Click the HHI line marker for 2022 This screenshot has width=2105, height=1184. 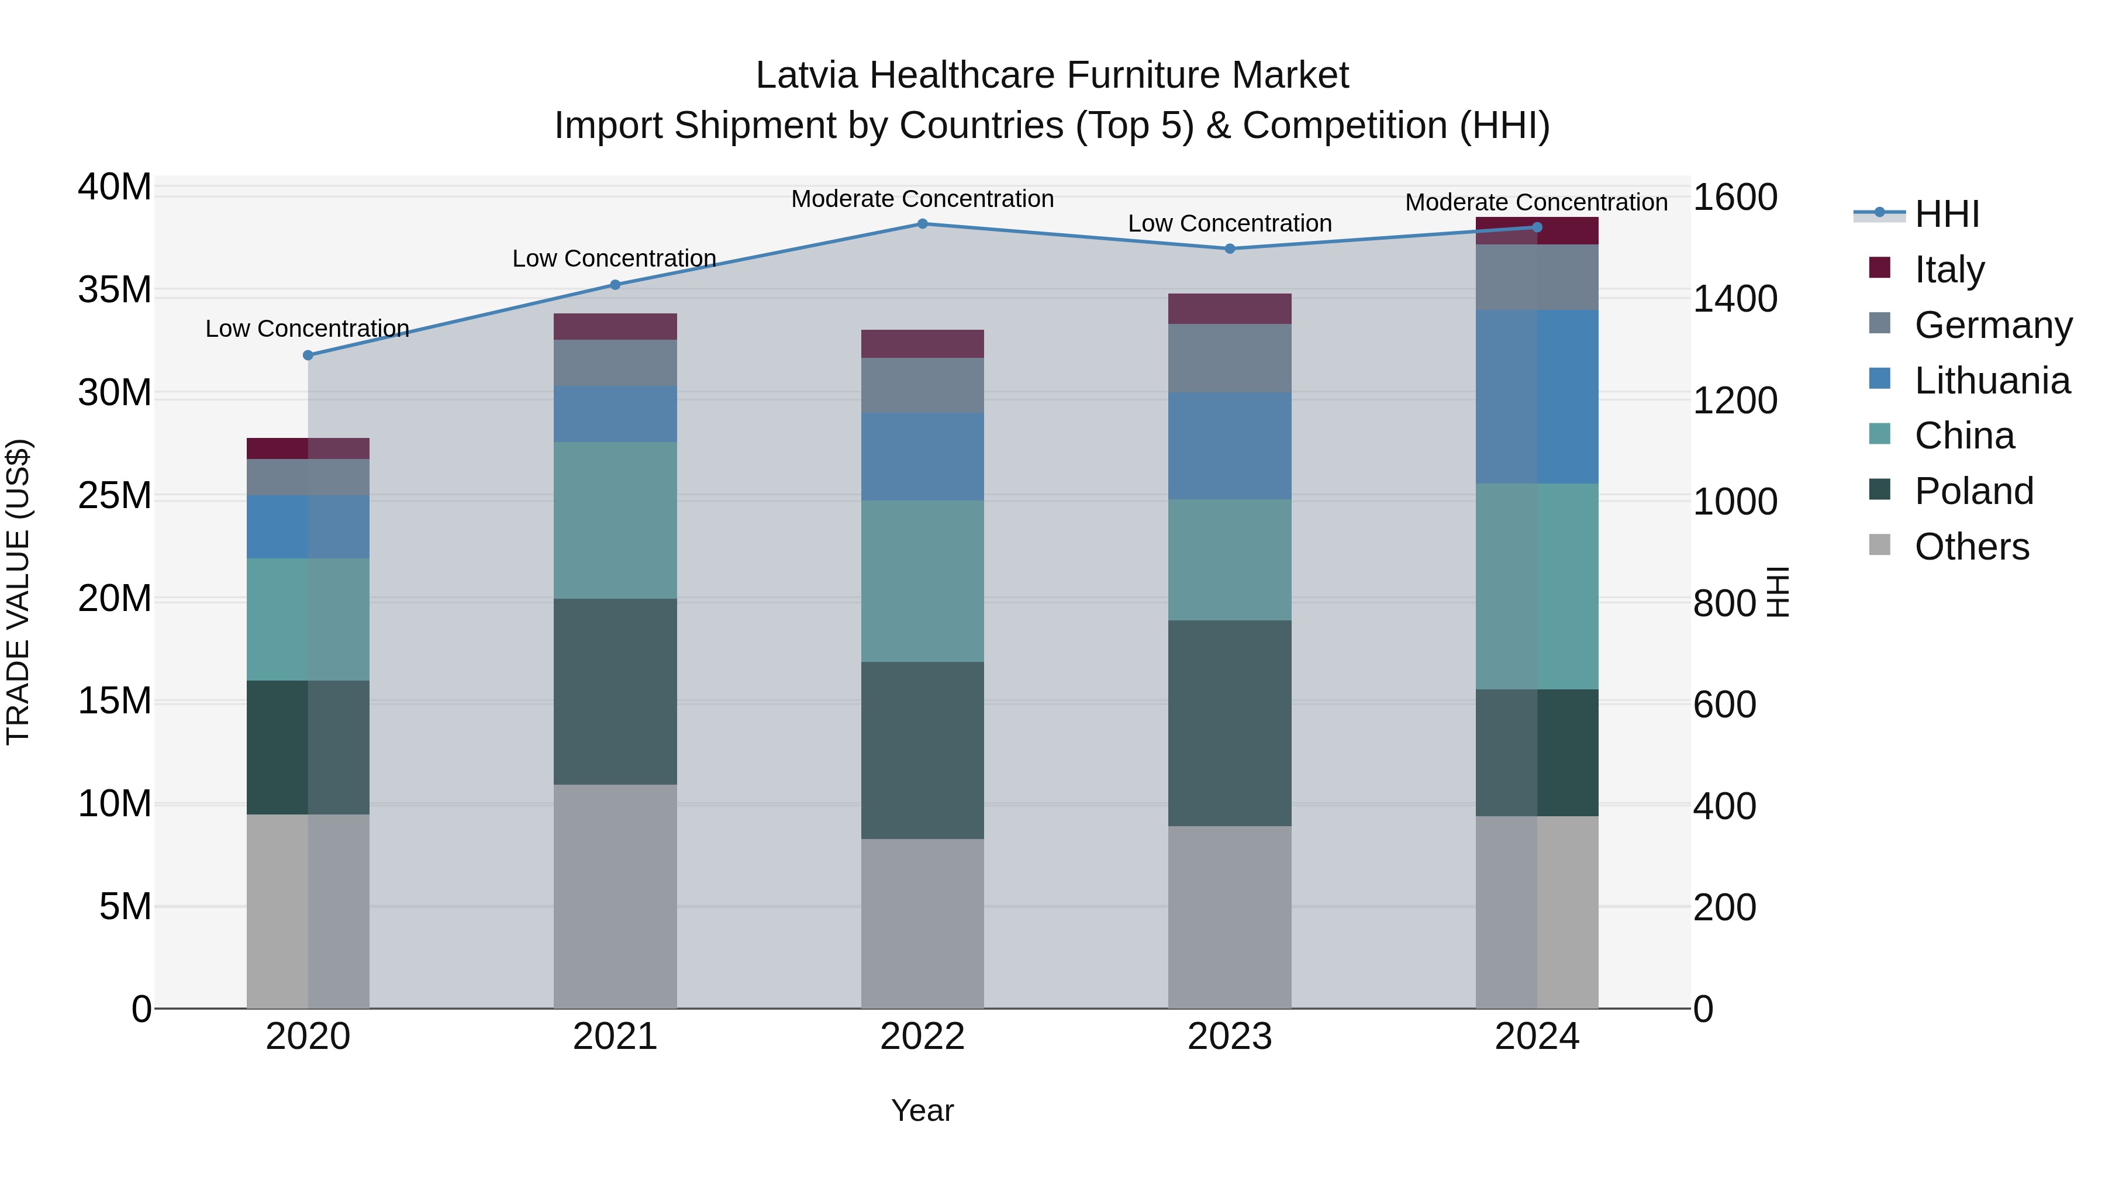923,223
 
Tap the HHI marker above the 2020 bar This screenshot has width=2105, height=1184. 308,355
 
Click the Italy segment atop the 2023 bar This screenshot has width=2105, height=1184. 1230,309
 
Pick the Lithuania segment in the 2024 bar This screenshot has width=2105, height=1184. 1537,396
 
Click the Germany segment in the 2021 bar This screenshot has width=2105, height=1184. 615,363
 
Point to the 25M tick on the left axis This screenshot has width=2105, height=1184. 115,496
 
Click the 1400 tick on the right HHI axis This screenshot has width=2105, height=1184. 1734,299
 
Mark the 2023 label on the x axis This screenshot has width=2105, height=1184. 1230,1037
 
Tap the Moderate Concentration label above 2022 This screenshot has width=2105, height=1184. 923,199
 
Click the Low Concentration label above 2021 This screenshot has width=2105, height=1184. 615,258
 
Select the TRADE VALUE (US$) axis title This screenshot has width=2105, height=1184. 18,592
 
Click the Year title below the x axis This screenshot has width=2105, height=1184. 923,1110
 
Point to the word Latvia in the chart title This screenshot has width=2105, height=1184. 806,75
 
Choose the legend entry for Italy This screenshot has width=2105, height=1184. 1949,270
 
